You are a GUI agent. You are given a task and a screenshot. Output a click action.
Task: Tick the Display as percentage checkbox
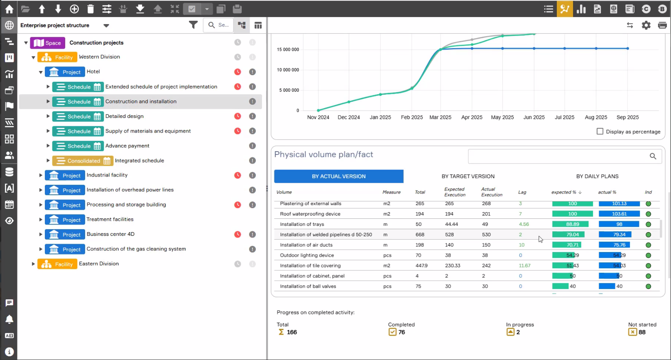point(600,132)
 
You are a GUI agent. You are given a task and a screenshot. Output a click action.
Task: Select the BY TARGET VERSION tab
point(468,176)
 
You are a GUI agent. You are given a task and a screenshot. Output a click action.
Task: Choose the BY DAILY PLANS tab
point(598,176)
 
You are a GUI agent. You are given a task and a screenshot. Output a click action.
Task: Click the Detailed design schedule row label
point(124,116)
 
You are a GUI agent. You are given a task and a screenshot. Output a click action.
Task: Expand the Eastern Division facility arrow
point(33,264)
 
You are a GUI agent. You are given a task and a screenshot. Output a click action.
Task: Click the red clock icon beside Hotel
point(238,72)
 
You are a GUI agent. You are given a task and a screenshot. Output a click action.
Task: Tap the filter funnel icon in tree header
point(193,25)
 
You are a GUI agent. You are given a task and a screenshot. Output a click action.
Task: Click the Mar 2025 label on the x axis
point(440,118)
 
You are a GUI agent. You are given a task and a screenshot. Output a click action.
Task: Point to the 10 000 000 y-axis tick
point(288,70)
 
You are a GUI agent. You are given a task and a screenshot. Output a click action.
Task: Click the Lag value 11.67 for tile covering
point(524,266)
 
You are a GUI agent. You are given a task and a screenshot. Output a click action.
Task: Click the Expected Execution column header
point(455,192)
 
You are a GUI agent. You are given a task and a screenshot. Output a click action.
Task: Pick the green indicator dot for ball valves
point(648,287)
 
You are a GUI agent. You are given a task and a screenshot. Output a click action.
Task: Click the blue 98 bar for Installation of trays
point(619,224)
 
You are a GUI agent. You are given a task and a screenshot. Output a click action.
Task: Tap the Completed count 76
point(402,332)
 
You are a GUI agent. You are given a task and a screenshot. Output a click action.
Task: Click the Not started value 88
point(642,332)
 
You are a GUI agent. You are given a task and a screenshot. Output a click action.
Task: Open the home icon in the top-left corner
point(9,9)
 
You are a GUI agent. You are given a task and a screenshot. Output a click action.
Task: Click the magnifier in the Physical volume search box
point(653,156)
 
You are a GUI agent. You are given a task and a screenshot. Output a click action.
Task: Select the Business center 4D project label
point(110,234)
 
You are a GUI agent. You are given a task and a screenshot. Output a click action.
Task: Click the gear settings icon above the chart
point(646,25)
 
